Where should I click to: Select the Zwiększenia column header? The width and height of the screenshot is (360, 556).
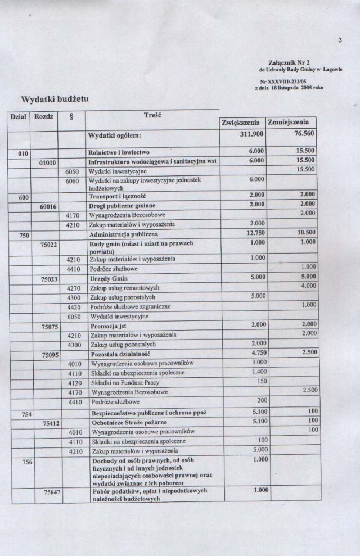[x=241, y=123]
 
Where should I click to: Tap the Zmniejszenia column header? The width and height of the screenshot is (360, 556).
[x=290, y=123]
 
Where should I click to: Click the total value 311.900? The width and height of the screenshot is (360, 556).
[x=250, y=135]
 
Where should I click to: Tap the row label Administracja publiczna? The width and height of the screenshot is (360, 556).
[x=124, y=233]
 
